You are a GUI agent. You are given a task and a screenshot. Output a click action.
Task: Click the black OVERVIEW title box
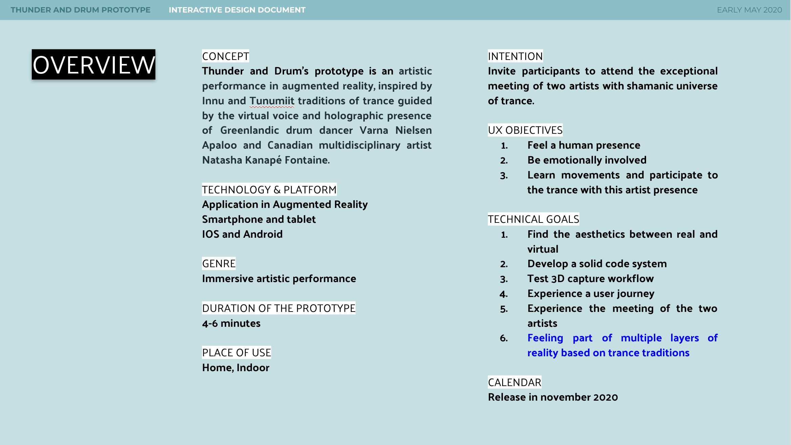coord(93,65)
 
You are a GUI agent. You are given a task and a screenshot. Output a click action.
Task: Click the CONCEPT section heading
coord(226,56)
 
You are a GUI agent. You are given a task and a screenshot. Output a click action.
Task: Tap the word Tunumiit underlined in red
coord(272,101)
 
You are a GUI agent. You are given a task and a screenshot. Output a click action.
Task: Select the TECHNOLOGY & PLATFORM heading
coord(269,190)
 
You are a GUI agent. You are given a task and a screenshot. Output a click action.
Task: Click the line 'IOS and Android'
coord(242,234)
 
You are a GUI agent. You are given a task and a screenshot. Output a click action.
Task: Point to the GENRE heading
coord(219,263)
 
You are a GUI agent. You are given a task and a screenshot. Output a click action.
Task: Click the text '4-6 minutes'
coord(231,323)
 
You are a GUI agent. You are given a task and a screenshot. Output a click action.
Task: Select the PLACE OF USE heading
coord(236,353)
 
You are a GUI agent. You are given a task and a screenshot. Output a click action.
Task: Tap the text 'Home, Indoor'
coord(236,368)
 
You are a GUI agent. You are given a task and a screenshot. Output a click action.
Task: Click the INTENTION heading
coord(515,56)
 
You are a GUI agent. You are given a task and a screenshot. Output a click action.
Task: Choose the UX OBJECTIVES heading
coord(525,130)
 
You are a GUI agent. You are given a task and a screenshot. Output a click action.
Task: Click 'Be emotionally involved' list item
coord(587,160)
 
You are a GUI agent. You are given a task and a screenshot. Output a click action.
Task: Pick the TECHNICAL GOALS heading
coord(533,219)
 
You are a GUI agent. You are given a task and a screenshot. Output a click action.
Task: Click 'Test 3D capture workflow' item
coord(590,279)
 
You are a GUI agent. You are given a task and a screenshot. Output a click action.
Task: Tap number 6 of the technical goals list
coord(504,338)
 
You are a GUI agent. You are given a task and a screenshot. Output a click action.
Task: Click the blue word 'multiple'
coord(641,338)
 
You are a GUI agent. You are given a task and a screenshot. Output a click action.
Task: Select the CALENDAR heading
coord(514,382)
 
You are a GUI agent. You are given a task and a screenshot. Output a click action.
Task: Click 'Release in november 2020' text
coord(553,397)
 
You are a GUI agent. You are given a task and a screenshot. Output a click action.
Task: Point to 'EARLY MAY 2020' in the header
coord(749,10)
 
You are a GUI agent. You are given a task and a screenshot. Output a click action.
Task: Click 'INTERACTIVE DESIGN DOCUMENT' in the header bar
coord(237,10)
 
